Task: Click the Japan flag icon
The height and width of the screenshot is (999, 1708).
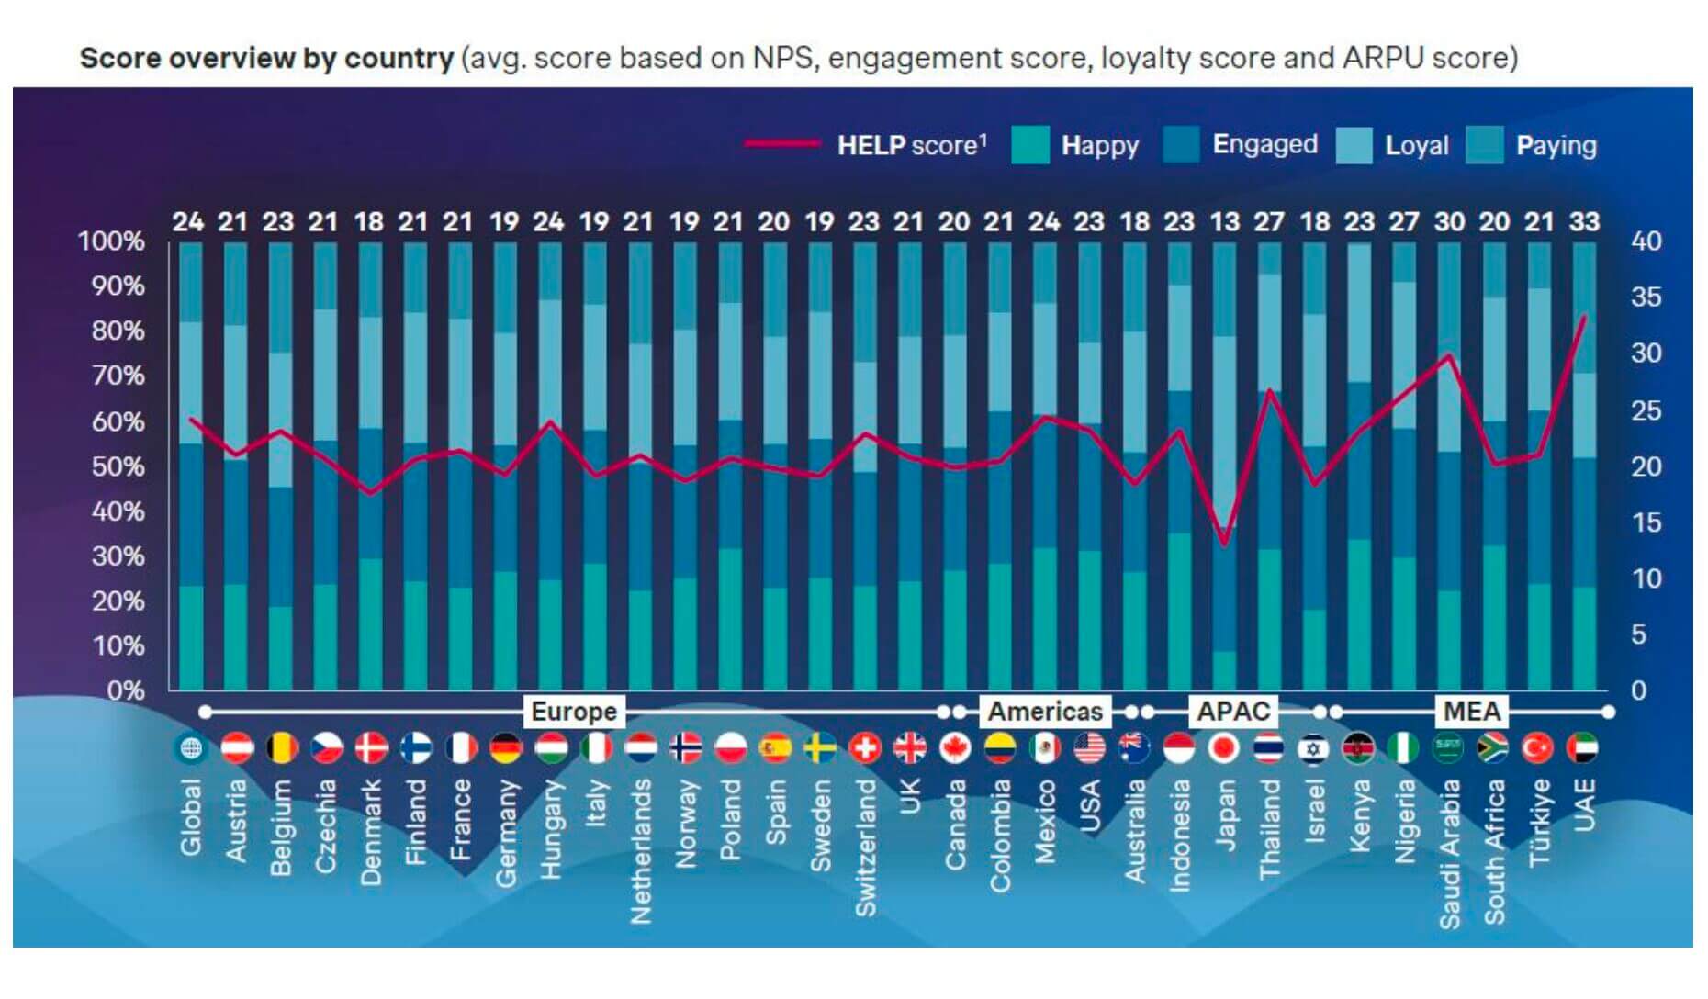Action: (1224, 748)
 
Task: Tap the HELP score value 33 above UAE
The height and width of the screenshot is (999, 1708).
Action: (1584, 222)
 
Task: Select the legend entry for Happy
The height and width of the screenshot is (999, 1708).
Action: (1099, 145)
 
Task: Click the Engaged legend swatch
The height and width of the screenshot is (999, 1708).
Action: (1181, 145)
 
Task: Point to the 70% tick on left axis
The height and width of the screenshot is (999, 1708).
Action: (118, 376)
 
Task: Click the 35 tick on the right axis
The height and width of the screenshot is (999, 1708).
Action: (1646, 297)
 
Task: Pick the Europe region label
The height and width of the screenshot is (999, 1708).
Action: (574, 712)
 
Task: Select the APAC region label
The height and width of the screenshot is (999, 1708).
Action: (1232, 712)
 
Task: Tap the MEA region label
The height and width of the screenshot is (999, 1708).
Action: (1471, 712)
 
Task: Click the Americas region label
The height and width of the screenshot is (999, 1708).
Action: (1044, 712)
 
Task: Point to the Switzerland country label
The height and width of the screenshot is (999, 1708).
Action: (865, 847)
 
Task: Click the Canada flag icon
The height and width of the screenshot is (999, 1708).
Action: (955, 748)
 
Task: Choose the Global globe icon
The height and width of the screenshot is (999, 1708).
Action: (190, 748)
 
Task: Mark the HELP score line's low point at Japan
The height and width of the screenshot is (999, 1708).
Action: (1224, 544)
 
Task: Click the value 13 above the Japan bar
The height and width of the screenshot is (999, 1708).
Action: (1224, 222)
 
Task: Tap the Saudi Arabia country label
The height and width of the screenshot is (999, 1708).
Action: (1450, 854)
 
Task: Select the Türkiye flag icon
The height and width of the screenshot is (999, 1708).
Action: (1538, 748)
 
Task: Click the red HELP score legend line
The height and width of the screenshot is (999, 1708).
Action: (781, 144)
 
